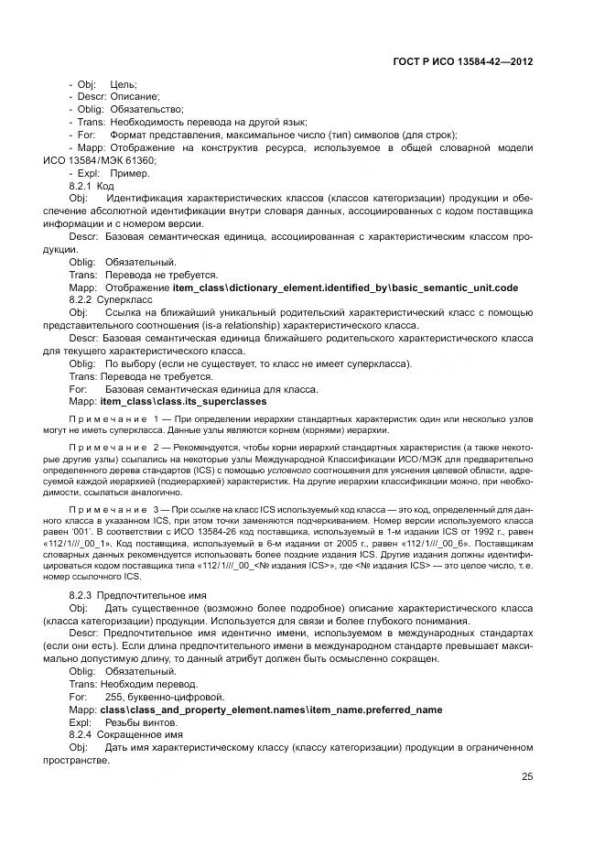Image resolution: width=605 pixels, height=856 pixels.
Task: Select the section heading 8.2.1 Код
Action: pyautogui.click(x=92, y=185)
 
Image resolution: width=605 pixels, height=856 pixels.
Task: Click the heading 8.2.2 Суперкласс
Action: pyautogui.click(x=105, y=299)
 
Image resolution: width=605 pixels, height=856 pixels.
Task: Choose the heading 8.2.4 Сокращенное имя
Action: pyautogui.click(x=119, y=735)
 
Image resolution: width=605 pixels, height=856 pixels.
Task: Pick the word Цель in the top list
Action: pyautogui.click(x=123, y=84)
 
